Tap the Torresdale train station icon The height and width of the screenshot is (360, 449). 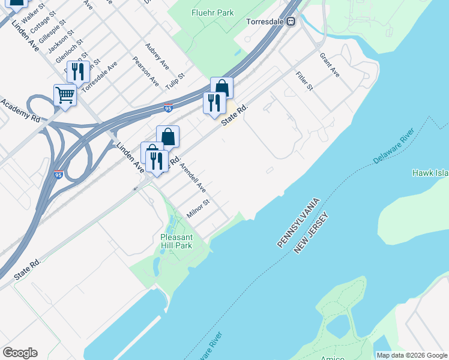click(291, 22)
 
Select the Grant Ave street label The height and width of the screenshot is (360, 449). click(330, 65)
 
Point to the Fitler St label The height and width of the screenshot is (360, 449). click(305, 80)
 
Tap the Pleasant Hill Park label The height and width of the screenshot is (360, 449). click(176, 241)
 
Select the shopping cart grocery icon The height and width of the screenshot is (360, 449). click(65, 95)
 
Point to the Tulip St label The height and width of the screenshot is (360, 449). click(175, 82)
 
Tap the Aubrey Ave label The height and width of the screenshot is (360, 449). click(157, 54)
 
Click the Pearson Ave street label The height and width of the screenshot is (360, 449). click(146, 71)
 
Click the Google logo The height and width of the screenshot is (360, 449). click(20, 353)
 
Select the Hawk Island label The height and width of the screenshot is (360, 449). click(430, 173)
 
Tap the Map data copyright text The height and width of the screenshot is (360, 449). click(412, 355)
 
